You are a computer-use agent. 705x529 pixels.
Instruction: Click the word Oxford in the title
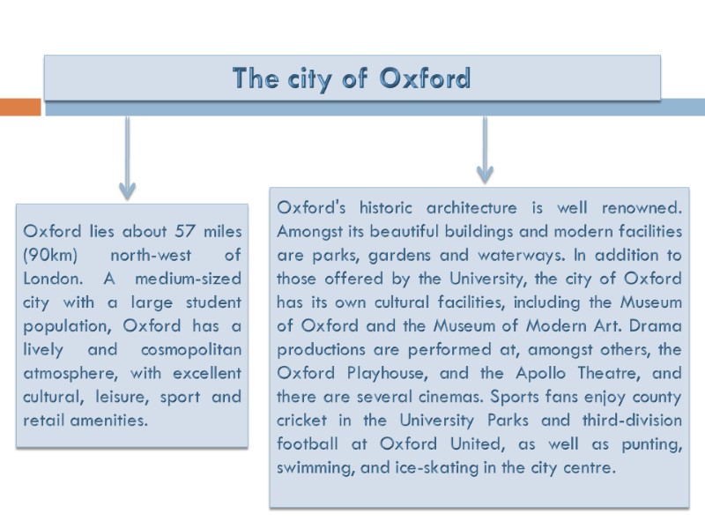pos(426,79)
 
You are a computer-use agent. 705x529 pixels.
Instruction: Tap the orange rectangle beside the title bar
pos(20,107)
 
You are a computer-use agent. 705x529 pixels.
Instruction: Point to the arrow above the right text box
pos(485,150)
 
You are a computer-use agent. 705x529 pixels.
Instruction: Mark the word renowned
pos(639,209)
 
